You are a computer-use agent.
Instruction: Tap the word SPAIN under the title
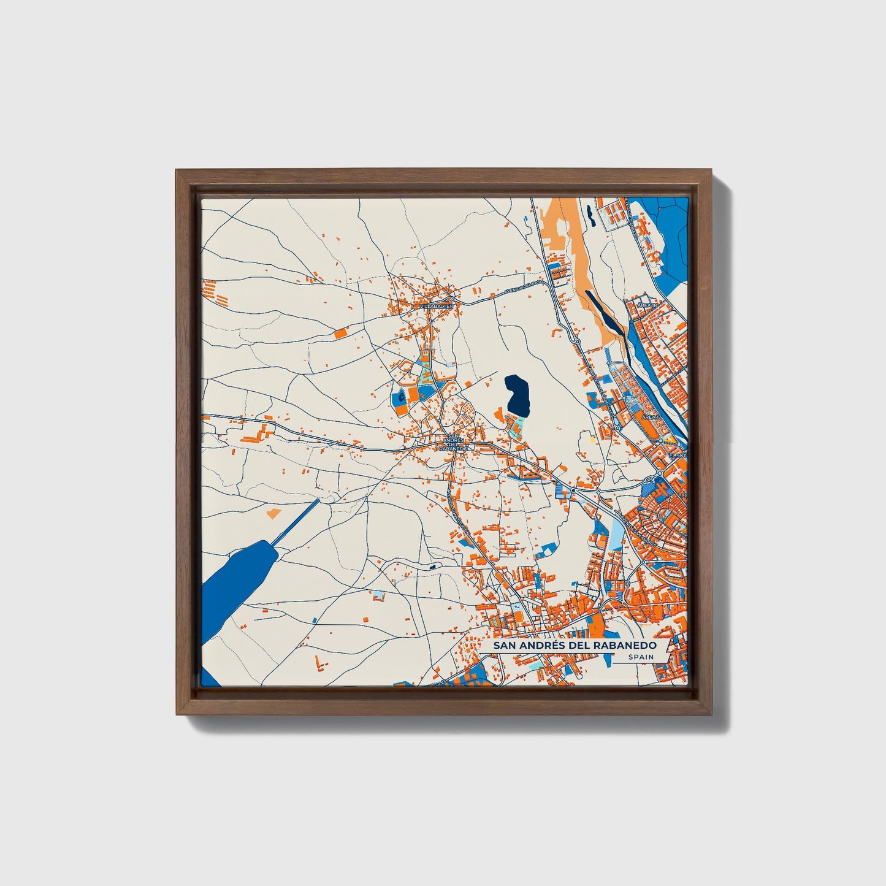(641, 657)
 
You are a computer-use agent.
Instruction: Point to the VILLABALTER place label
(436, 305)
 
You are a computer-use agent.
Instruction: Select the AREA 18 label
(647, 305)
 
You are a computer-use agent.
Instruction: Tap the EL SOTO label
(679, 456)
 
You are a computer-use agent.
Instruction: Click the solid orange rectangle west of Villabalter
(340, 333)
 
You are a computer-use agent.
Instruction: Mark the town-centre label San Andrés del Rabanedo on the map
(454, 443)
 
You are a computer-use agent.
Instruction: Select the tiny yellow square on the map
(592, 439)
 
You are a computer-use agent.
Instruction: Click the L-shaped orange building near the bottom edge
(319, 663)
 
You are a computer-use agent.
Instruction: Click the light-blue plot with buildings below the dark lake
(516, 425)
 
